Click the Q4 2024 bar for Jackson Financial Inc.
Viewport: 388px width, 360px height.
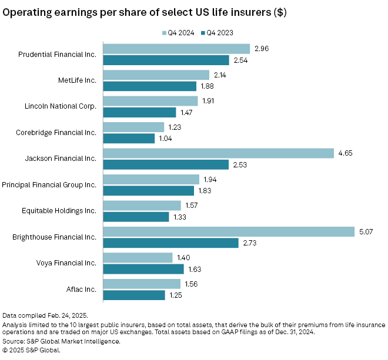[x=218, y=153]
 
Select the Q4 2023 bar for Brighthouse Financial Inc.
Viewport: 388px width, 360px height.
[x=170, y=243]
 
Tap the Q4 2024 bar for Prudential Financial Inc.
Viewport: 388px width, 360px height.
[x=176, y=49]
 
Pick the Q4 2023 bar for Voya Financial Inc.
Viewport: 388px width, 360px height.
[x=143, y=269]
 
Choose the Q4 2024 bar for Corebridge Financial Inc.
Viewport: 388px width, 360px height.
[x=133, y=127]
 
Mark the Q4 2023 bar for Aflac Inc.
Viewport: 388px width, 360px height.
[x=134, y=295]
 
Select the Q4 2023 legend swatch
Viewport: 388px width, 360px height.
[x=203, y=33]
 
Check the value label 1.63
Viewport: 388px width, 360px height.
[x=195, y=269]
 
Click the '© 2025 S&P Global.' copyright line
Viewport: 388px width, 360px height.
[x=31, y=349]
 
